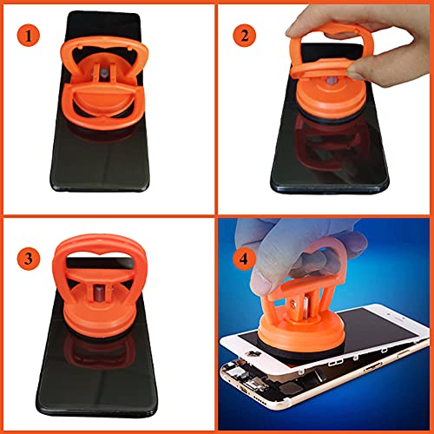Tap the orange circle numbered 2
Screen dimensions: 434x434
(x=247, y=36)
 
